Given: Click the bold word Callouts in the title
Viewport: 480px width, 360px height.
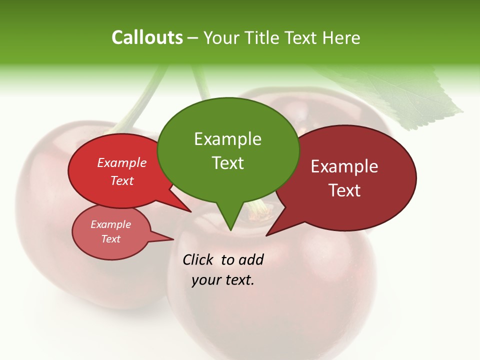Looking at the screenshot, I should coord(147,37).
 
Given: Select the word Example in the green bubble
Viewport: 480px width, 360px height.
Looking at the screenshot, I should coord(227,139).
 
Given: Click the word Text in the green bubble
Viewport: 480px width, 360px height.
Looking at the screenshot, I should coord(227,163).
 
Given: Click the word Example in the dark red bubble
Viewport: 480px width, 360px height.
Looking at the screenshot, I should coord(344,166).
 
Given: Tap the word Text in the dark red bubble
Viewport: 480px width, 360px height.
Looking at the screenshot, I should coord(344,190).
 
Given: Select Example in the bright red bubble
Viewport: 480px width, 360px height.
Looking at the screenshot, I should coord(122,162).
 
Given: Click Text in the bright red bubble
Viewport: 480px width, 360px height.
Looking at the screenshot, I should coord(122,180).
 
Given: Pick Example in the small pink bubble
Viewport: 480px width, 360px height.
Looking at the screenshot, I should coord(110,224).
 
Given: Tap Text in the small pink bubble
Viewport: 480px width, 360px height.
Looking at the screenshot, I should coord(110,239).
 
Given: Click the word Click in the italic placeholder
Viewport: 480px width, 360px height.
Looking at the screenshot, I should coord(198,259).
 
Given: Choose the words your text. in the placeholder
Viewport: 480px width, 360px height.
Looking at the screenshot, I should coord(222,280).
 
